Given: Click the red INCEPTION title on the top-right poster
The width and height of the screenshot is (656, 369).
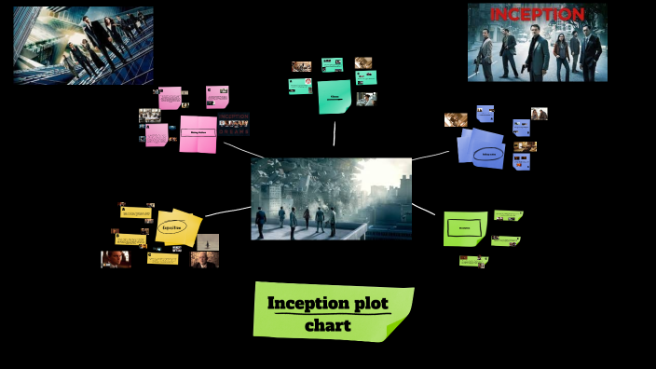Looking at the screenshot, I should pyautogui.click(x=537, y=14).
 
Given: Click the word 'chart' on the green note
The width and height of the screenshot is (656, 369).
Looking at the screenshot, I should pyautogui.click(x=327, y=325).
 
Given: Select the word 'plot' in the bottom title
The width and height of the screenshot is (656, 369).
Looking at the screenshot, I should pyautogui.click(x=363, y=304).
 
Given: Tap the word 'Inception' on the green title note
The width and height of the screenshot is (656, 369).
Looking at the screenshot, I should pyautogui.click(x=301, y=304).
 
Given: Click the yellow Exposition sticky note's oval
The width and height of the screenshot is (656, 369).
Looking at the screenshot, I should pyautogui.click(x=171, y=226).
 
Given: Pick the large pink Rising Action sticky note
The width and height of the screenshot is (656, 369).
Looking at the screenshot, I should pyautogui.click(x=198, y=133).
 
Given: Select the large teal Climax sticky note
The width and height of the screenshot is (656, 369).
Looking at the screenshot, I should pyautogui.click(x=334, y=96).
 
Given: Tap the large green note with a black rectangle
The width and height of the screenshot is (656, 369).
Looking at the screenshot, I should pyautogui.click(x=463, y=226).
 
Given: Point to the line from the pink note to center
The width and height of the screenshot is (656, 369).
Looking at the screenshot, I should pyautogui.click(x=242, y=149).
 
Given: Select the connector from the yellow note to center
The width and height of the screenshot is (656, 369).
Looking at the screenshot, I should pyautogui.click(x=226, y=212).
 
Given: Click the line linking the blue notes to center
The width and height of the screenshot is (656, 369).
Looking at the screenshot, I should pyautogui.click(x=430, y=154).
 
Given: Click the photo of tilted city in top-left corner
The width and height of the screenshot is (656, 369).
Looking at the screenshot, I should pyautogui.click(x=83, y=44).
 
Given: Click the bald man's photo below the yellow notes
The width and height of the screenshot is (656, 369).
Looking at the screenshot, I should pyautogui.click(x=204, y=259).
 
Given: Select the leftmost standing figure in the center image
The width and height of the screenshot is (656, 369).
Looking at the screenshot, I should pyautogui.click(x=261, y=223).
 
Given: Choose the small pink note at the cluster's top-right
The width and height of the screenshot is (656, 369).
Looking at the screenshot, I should pyautogui.click(x=216, y=97).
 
